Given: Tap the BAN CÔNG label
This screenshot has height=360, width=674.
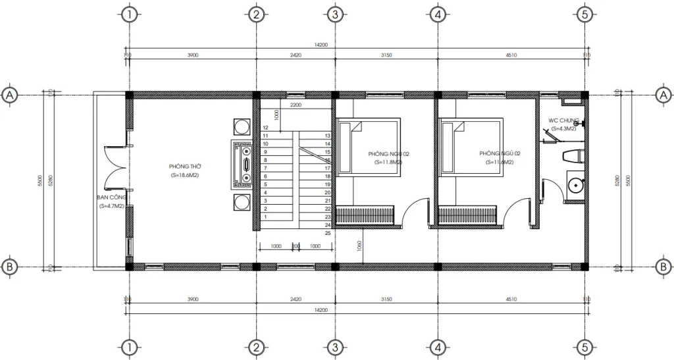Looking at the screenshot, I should coord(111,197).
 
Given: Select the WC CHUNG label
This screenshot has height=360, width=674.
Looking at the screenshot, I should coord(563,121).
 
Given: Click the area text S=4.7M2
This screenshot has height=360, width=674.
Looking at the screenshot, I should coord(111,206).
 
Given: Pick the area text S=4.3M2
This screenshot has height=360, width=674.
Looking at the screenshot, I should coord(563,129).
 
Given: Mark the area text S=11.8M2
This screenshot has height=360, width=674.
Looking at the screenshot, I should coord(388,161).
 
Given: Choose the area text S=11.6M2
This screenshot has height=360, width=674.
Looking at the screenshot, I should coord(500,161).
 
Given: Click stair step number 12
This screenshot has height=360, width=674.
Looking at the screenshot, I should coord(265,128).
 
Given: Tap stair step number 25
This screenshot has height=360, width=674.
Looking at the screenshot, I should coord(328,233).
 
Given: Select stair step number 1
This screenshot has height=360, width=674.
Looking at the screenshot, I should coord(265,217).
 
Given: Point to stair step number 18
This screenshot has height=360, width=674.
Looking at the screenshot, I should coord(328,176).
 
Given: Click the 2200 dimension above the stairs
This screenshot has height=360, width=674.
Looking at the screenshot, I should coord(295,105).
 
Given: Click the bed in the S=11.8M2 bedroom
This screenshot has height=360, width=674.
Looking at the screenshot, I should coord(369,146).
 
